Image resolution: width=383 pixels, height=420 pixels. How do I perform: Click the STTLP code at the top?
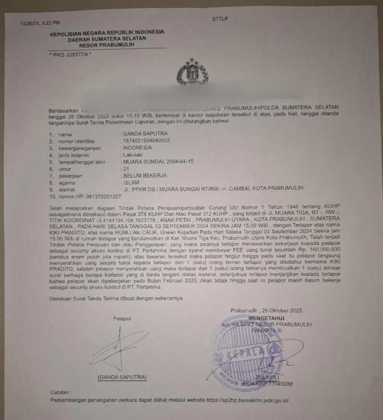point(220,19)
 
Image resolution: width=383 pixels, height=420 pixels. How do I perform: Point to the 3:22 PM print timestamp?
point(52,23)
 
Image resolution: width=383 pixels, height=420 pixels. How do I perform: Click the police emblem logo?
point(192,73)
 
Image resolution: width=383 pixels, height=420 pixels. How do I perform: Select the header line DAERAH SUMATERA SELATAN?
point(107,39)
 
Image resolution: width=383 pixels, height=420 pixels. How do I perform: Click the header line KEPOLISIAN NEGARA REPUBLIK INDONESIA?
point(107,33)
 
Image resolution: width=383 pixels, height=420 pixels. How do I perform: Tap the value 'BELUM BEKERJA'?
point(144,175)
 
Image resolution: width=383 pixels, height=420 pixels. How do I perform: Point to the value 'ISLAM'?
point(132,182)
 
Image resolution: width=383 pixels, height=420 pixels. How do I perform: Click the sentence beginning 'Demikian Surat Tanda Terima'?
point(117,298)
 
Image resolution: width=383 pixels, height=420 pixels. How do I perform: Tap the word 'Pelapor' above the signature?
point(122,318)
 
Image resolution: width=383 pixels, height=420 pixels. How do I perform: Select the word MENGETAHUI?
point(267,318)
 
